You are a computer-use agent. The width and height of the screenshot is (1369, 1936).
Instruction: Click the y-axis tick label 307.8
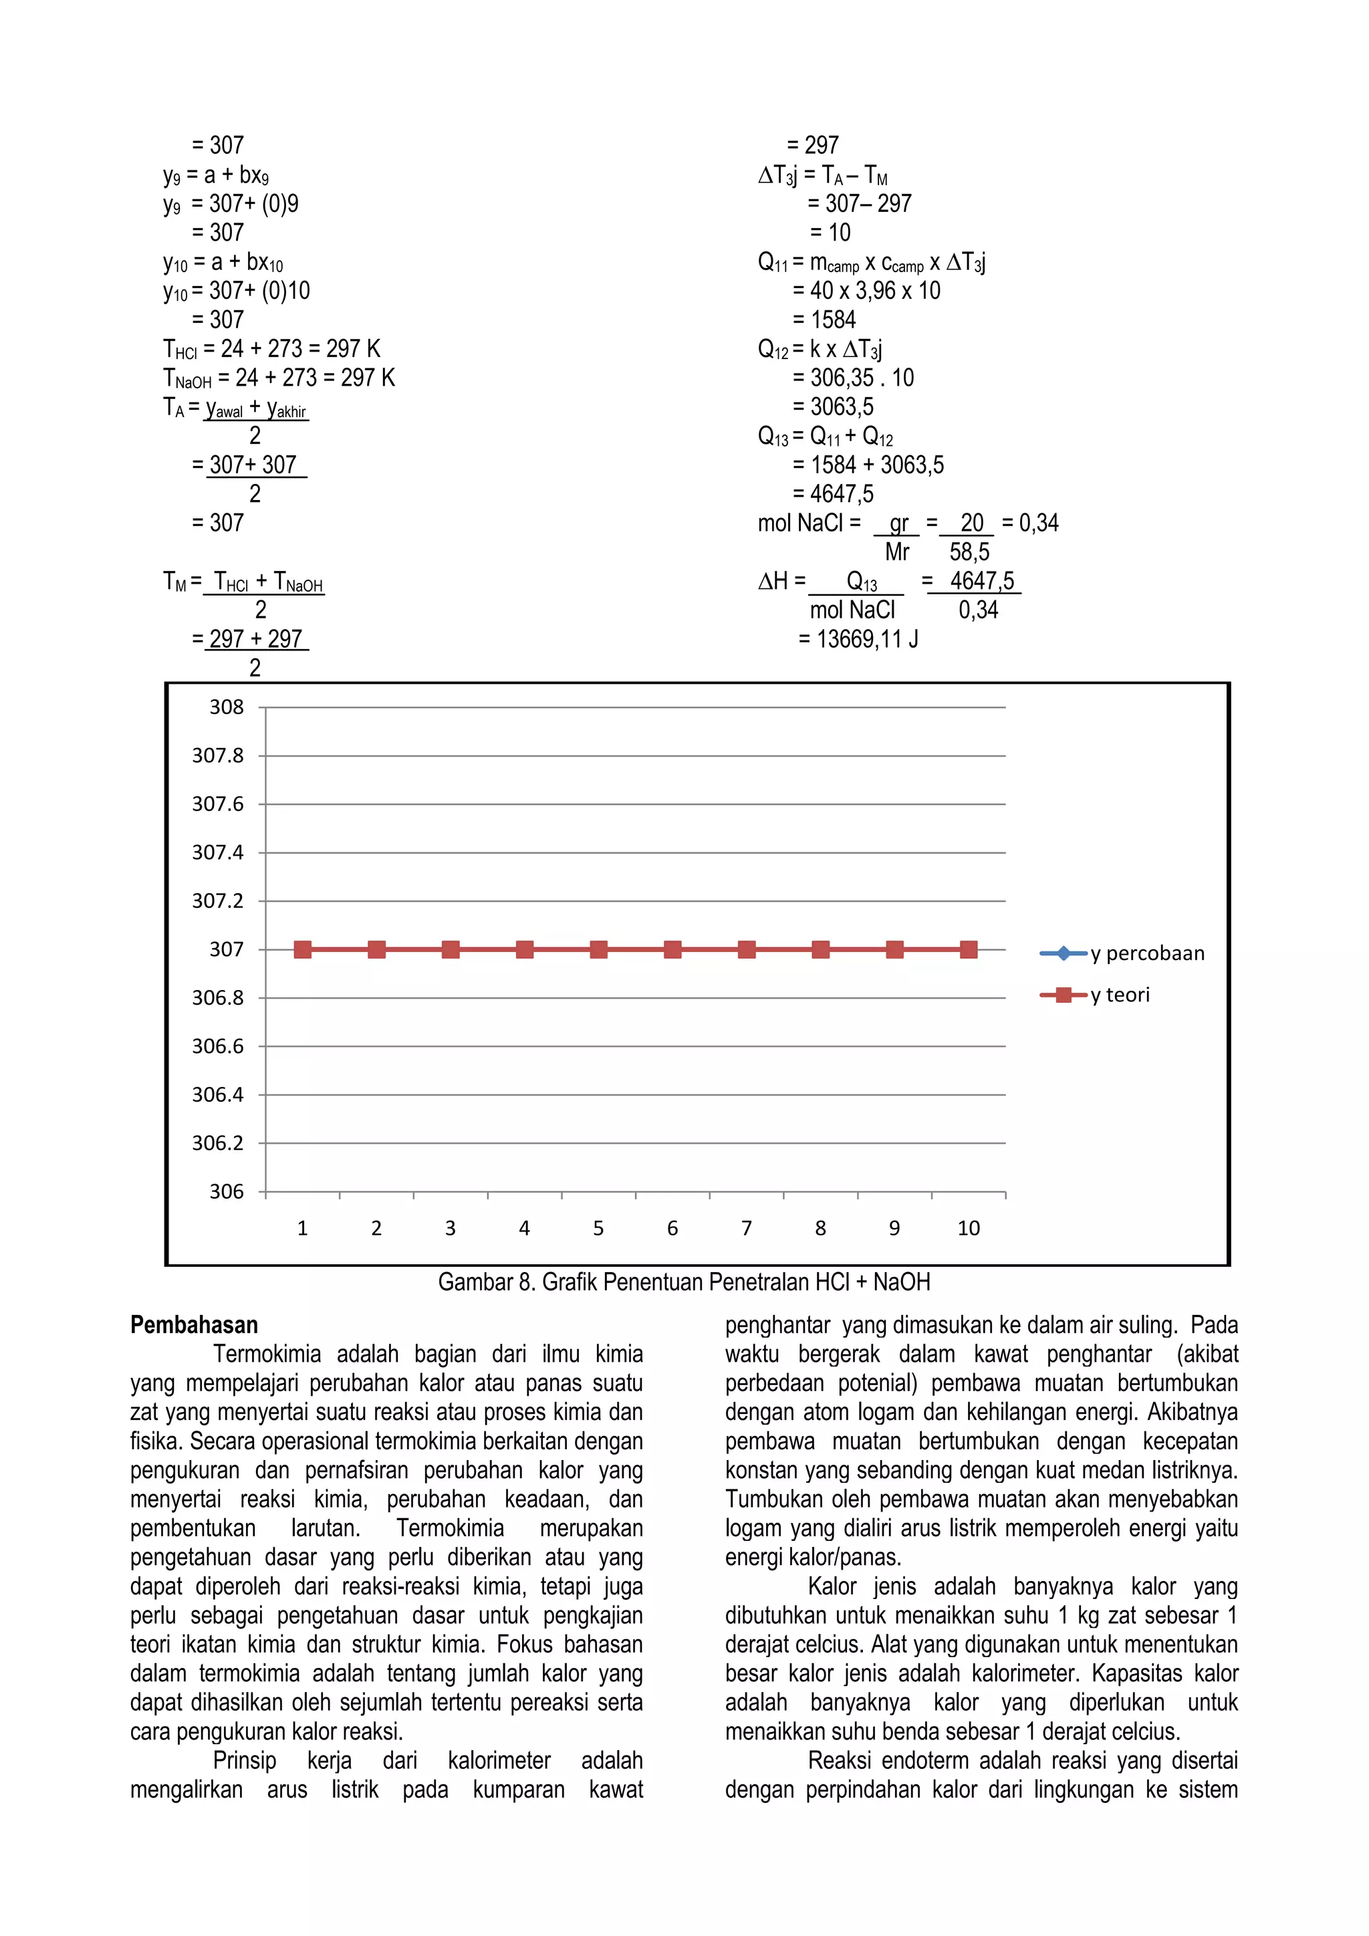click(217, 755)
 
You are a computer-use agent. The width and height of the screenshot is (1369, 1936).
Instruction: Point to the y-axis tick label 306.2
click(217, 1143)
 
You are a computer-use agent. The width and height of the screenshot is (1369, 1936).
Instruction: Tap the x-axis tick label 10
click(969, 1229)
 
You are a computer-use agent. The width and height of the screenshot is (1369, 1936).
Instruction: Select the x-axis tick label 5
click(598, 1229)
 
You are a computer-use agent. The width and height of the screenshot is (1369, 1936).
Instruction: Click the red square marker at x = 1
click(303, 949)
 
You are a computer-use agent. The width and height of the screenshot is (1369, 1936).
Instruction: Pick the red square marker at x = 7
click(747, 949)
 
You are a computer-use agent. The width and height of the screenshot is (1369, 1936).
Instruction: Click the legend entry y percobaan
click(1146, 954)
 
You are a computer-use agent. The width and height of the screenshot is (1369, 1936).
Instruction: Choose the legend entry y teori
click(1120, 995)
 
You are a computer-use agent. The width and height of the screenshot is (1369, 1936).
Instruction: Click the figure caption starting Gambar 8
click(684, 1282)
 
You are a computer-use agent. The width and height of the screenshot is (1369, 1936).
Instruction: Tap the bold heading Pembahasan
click(194, 1325)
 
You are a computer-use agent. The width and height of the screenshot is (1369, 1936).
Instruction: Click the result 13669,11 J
click(866, 639)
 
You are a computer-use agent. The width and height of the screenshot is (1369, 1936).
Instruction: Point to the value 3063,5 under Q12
click(842, 407)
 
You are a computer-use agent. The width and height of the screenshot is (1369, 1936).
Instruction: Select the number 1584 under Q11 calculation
click(833, 320)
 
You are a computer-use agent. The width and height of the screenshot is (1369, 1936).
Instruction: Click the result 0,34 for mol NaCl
click(1039, 523)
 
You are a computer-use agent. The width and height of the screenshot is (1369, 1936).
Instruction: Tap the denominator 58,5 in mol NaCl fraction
click(969, 552)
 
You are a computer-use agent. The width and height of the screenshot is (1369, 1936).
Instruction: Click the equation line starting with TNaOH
click(279, 378)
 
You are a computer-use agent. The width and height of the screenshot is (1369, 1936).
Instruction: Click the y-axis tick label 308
click(226, 707)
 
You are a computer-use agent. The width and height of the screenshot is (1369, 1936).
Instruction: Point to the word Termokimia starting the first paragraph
click(267, 1354)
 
